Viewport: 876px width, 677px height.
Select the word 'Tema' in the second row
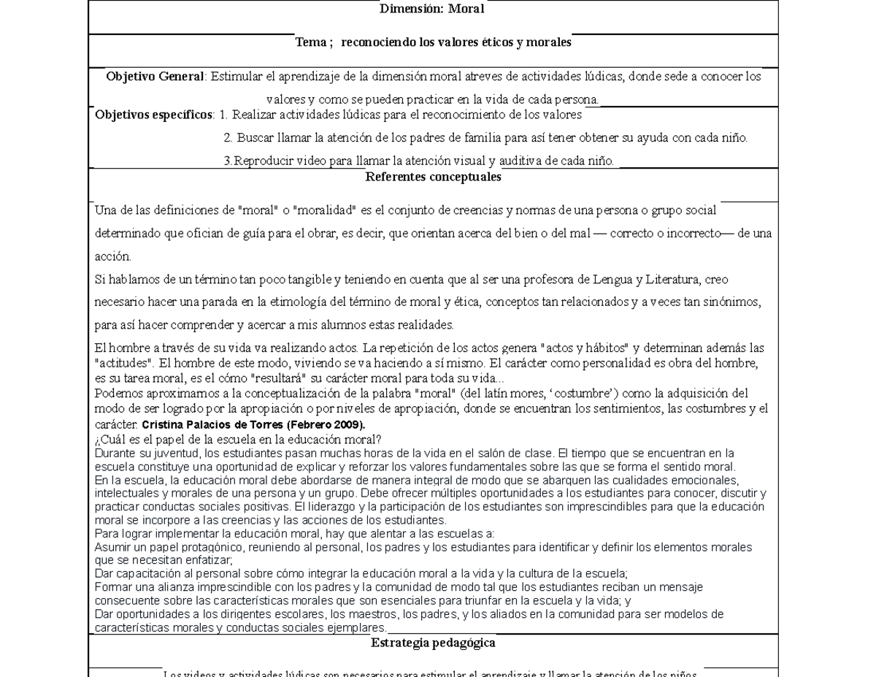click(x=310, y=43)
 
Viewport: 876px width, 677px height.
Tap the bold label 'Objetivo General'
click(x=155, y=77)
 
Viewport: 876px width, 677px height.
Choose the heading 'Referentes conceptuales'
click(x=433, y=177)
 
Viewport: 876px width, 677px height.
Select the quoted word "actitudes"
click(x=125, y=363)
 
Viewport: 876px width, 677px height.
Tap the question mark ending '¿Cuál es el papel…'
click(x=379, y=440)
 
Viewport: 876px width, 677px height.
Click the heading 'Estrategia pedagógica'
click(x=433, y=643)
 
